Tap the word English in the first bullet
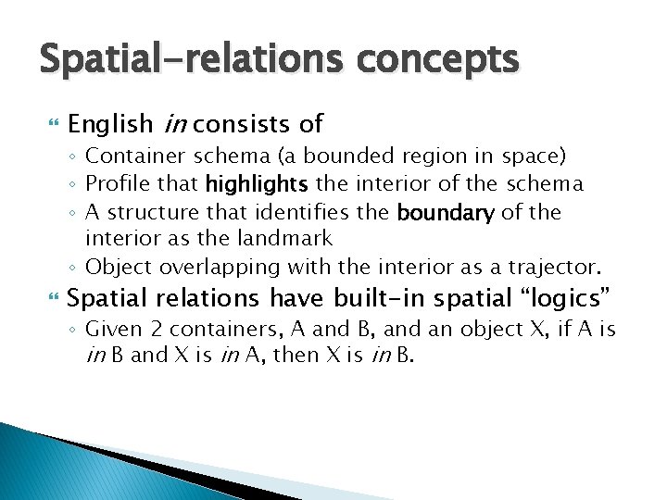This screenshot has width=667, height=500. coord(110,123)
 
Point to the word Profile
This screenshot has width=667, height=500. coord(128,184)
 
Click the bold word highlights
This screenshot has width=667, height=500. coord(258,184)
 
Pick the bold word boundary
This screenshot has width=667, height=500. coord(446,213)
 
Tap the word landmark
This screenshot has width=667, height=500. coord(284,239)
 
